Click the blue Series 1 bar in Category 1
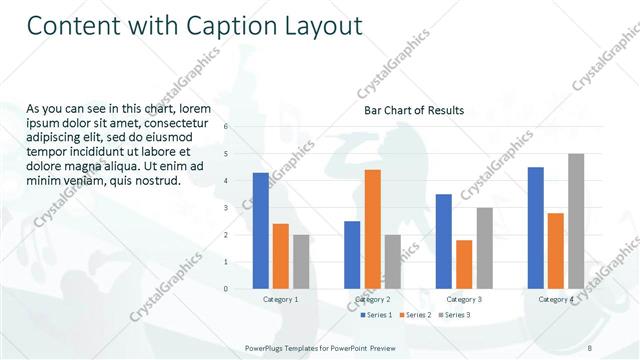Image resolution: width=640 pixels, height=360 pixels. (x=261, y=231)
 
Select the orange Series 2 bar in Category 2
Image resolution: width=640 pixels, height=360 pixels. (x=372, y=229)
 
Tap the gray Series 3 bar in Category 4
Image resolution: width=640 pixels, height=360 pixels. (x=575, y=221)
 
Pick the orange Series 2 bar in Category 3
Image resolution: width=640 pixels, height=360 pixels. (x=464, y=264)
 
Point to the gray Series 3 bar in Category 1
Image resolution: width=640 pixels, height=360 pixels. (x=301, y=262)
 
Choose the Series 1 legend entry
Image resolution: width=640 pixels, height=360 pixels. (x=375, y=315)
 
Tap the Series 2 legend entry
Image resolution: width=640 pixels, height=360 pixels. (x=415, y=315)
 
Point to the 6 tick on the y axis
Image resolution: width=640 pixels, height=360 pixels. (x=226, y=127)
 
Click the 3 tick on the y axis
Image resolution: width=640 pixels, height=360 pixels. (x=226, y=208)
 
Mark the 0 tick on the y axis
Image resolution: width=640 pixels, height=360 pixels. (x=226, y=289)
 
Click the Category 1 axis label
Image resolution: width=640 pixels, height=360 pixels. (x=281, y=300)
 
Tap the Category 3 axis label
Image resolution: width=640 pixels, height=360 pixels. (x=464, y=300)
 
